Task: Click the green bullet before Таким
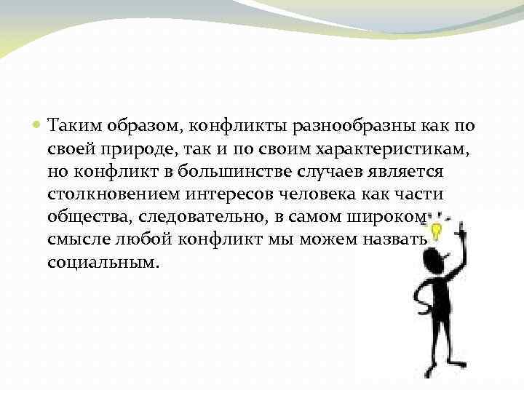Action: point(38,126)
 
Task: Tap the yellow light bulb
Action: point(437,231)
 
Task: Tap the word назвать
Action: point(400,239)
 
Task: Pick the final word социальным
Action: point(101,262)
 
